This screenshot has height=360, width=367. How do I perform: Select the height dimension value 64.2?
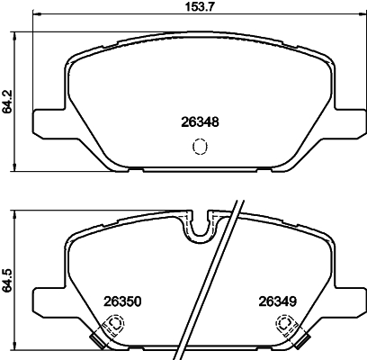coord(7,100)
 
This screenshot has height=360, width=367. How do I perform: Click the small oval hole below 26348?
coord(200,147)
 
